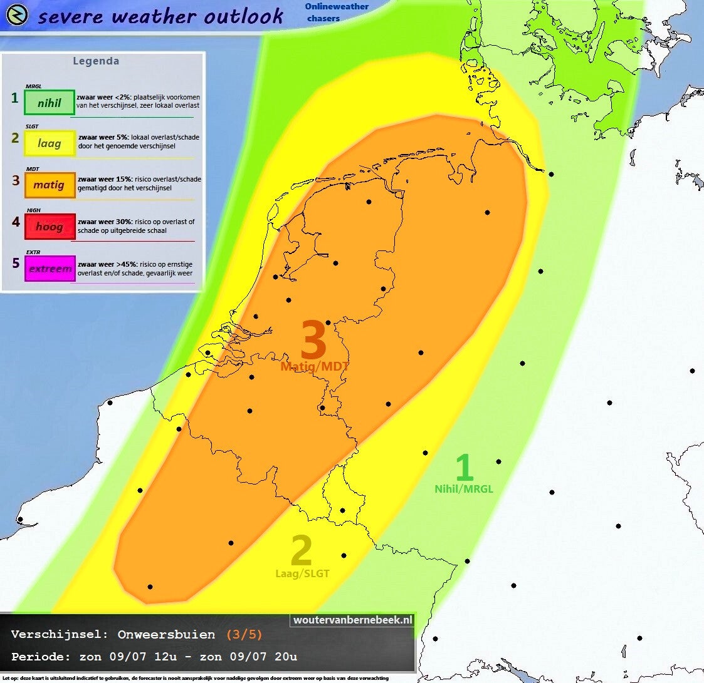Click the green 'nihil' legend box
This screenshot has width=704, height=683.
coord(50,103)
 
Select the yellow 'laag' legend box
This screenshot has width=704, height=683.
coord(50,143)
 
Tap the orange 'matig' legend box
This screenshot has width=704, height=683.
coord(50,185)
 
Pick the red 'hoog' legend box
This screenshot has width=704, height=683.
coord(50,227)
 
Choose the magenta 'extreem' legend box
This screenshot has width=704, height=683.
coord(50,269)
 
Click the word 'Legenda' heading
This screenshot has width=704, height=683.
coord(96,61)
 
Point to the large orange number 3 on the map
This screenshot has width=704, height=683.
coord(314,341)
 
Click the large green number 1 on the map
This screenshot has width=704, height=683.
coord(463,468)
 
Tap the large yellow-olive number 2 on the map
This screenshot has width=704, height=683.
coord(302,552)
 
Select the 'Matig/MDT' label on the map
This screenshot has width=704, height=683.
coord(315,367)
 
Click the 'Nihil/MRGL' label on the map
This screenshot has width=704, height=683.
coord(464,489)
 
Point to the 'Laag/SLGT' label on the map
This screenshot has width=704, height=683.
coord(303,573)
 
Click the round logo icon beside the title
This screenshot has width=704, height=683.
coord(17,15)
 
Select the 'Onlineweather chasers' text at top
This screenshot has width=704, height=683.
coord(336,12)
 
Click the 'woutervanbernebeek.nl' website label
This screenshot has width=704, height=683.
coord(353,620)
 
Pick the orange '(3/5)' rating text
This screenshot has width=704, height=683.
coord(244,635)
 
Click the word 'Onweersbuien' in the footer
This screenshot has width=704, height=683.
coord(166,635)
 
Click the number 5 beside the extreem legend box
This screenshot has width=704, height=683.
coord(16,263)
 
